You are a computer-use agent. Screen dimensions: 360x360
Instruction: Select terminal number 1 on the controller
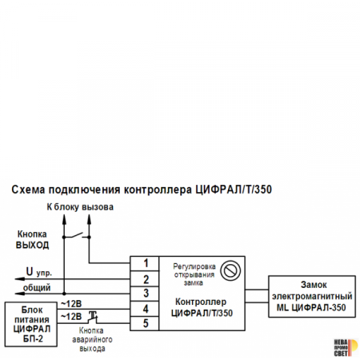[x=145, y=263]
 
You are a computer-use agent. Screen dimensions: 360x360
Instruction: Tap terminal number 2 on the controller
[x=145, y=278]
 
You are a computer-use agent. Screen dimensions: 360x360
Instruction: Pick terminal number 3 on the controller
[x=145, y=293]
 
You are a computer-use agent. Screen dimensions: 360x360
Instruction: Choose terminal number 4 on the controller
[x=145, y=308]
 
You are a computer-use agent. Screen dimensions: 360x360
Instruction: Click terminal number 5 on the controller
[x=145, y=322]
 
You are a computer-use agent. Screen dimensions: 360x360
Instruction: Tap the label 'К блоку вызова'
[x=79, y=207]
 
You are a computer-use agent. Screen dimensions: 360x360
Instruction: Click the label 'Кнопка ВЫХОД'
[x=33, y=239]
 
